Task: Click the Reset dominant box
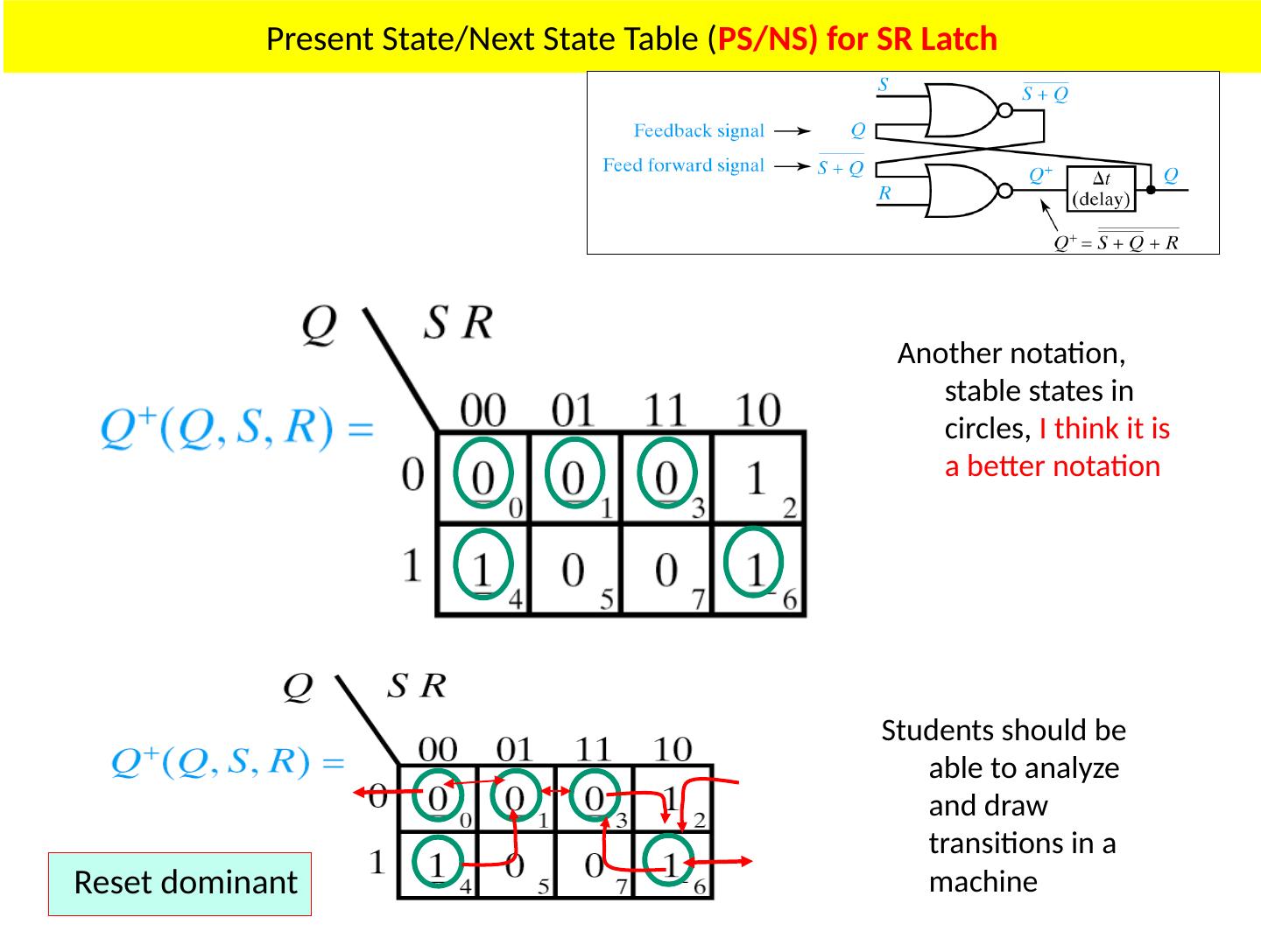[180, 884]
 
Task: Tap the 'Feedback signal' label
[699, 131]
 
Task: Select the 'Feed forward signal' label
[683, 165]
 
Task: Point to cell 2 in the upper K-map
[758, 479]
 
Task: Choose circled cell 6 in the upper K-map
[755, 564]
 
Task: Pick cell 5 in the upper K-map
[574, 570]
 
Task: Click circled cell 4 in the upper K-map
[483, 564]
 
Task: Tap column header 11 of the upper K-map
[666, 409]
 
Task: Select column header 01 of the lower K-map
[514, 749]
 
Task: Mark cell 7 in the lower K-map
[595, 866]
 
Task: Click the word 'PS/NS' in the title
[759, 39]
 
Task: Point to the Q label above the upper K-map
[318, 325]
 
